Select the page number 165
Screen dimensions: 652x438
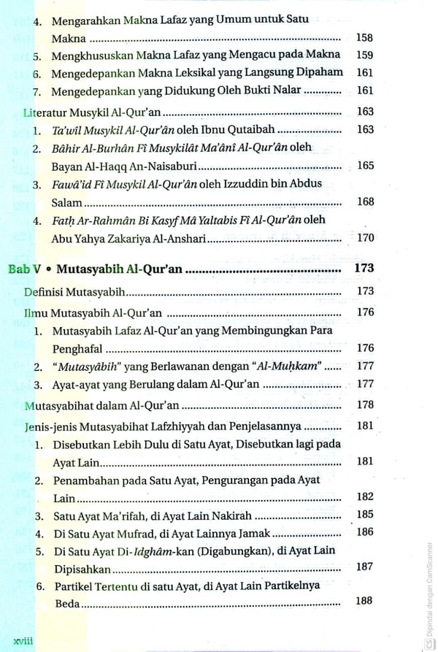click(366, 166)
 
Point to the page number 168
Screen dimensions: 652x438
click(366, 202)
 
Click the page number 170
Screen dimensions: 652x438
click(365, 237)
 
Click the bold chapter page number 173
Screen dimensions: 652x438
click(363, 269)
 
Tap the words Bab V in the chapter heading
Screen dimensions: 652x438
click(23, 269)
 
